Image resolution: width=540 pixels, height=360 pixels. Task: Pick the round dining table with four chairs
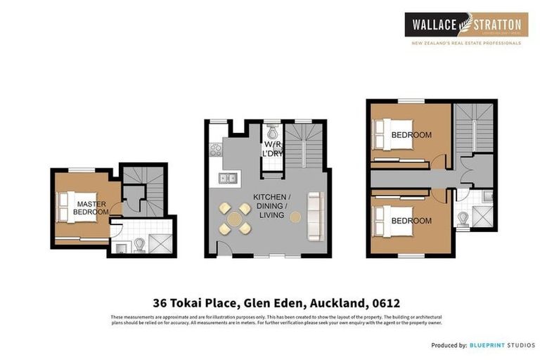pyautogui.click(x=233, y=218)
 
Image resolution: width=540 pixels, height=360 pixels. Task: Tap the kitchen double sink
pyautogui.click(x=226, y=178)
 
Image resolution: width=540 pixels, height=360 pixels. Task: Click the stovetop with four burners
pyautogui.click(x=216, y=149)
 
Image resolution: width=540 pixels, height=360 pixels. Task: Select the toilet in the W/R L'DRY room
pyautogui.click(x=273, y=133)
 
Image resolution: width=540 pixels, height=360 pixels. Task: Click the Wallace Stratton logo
pyautogui.click(x=466, y=25)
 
